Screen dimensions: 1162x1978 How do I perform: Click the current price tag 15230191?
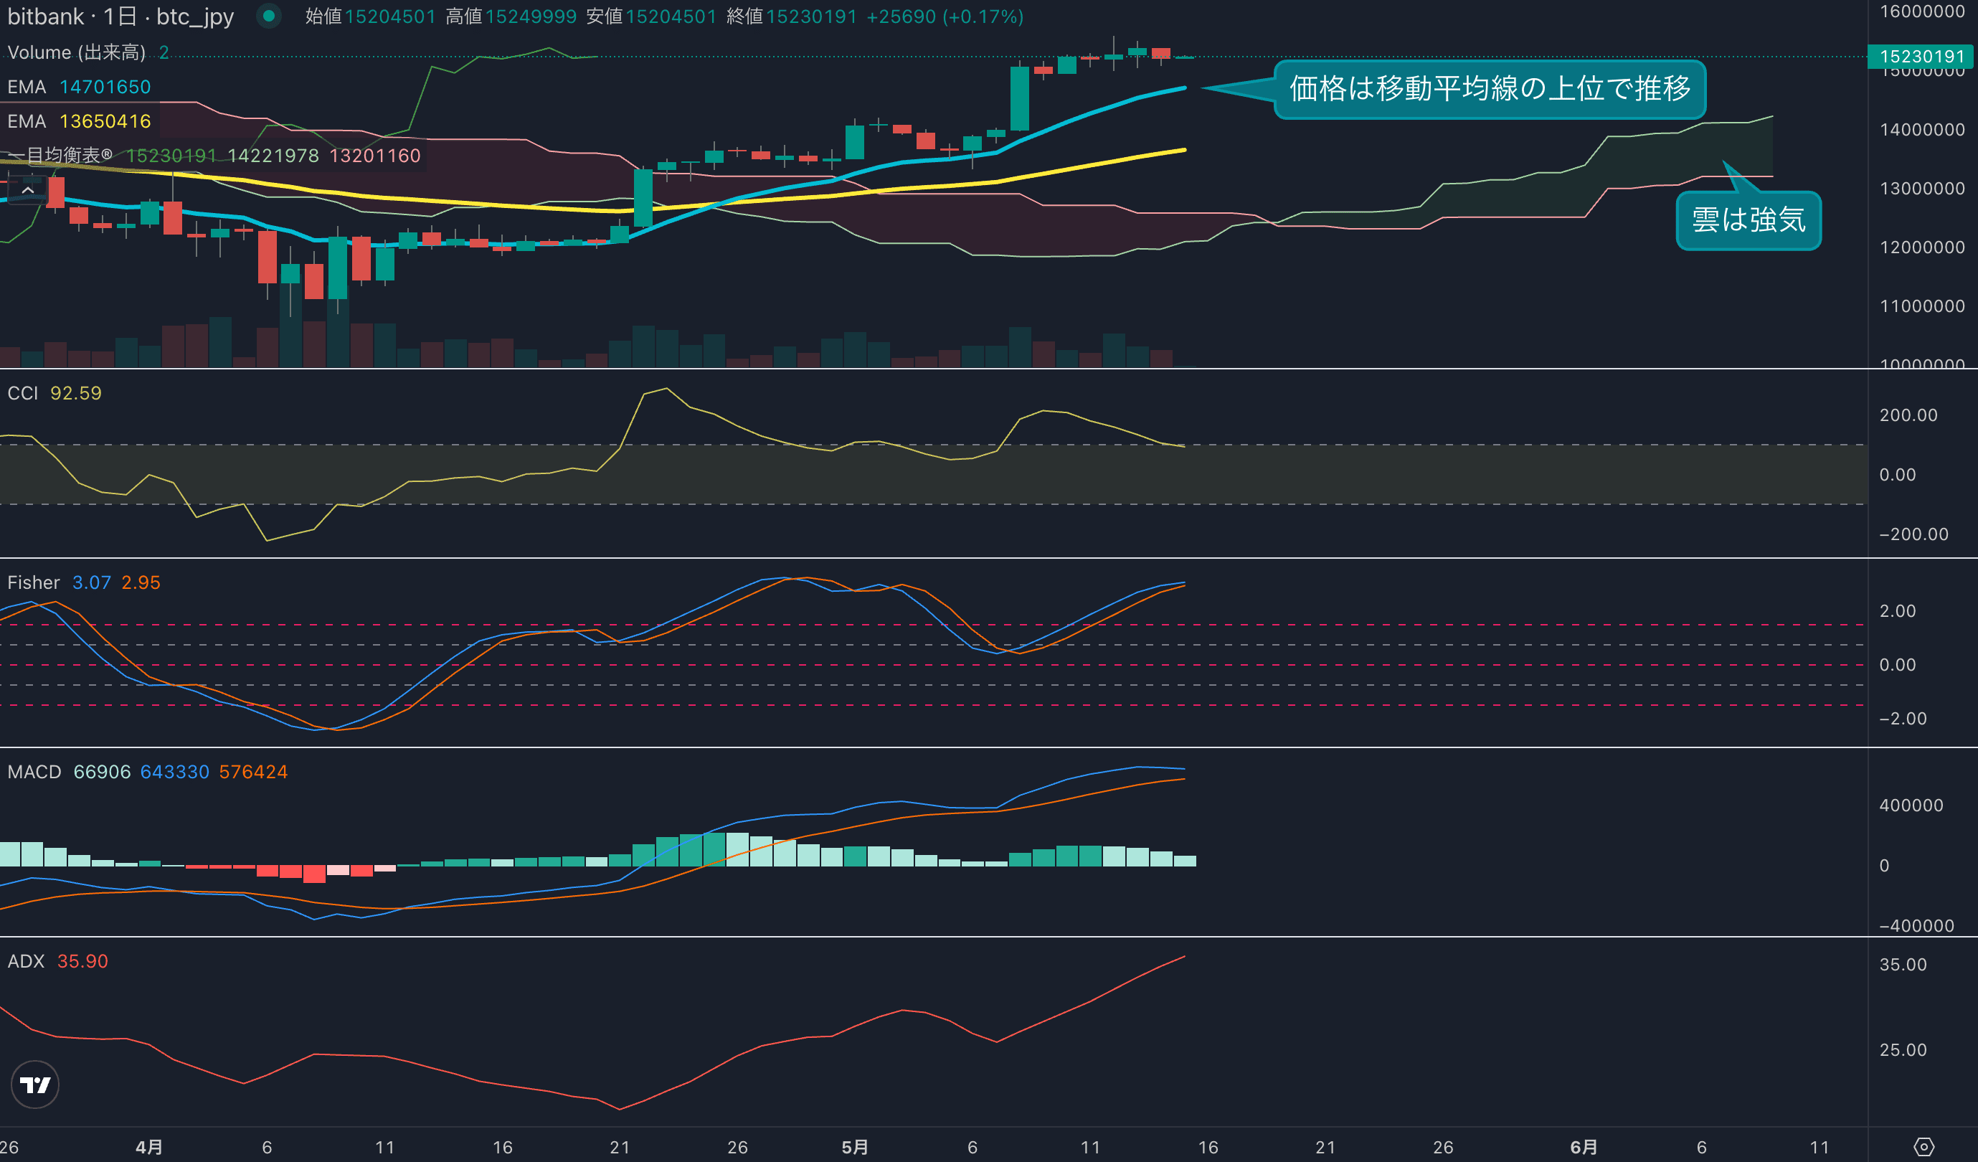(x=1921, y=57)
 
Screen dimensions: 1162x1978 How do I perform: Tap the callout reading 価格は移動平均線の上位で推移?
(x=1489, y=89)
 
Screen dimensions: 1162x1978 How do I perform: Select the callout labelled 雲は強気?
(x=1748, y=219)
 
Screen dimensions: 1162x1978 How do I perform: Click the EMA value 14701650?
(x=105, y=88)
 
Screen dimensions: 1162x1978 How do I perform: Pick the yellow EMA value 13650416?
(x=105, y=122)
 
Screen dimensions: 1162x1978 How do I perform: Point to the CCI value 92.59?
(x=76, y=393)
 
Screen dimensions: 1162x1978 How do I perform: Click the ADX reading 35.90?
(x=82, y=962)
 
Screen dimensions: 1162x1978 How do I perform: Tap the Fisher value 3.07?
(x=91, y=582)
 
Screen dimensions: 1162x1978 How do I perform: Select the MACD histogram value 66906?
(x=102, y=773)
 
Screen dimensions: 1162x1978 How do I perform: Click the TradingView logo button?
(x=34, y=1085)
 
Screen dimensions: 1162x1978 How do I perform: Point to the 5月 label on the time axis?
(x=855, y=1148)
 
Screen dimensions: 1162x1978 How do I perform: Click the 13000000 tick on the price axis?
(x=1921, y=189)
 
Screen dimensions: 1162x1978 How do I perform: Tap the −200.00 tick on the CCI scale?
(x=1913, y=534)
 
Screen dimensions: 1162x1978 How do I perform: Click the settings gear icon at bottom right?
(x=1923, y=1148)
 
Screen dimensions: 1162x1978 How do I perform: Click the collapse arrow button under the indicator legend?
(x=27, y=190)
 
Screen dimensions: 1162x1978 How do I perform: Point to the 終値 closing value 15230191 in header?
(x=812, y=16)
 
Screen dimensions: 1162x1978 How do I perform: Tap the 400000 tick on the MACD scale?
(x=1911, y=806)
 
